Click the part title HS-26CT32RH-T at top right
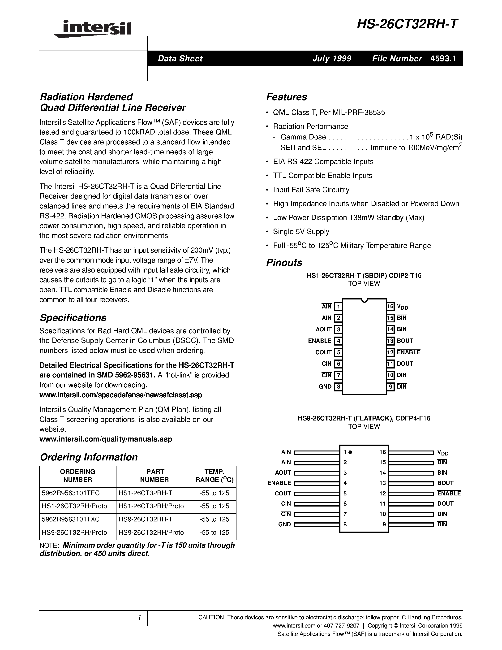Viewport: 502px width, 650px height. pos(408,24)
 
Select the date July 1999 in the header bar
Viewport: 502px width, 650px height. pos(332,58)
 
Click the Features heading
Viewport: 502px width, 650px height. pos(286,97)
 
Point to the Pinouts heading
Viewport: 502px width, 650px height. pos(284,263)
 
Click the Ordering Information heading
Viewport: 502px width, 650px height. pos(89,457)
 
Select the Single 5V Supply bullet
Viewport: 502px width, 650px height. pos(301,232)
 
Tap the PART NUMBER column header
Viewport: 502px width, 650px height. pos(155,476)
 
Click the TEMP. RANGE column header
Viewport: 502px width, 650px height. pos(215,476)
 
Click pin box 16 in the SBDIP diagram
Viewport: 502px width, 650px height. pos(390,306)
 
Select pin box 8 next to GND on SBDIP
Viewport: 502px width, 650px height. pos(338,387)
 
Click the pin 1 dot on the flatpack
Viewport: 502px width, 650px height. pos(350,452)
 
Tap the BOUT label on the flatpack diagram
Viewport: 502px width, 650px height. pos(445,483)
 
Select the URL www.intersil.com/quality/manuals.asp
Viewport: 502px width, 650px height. pos(106,439)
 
